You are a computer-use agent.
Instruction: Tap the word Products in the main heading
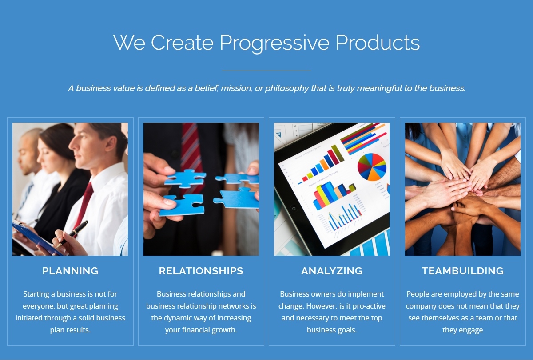(378, 42)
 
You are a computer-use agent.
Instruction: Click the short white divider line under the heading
(266, 71)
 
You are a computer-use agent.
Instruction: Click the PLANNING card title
(70, 271)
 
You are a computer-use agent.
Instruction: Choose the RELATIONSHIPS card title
(201, 271)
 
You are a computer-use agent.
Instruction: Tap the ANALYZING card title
(332, 271)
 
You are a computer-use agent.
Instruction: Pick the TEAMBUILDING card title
(462, 271)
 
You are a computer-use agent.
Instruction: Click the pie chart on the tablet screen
(372, 167)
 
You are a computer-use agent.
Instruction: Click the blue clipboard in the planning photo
(38, 240)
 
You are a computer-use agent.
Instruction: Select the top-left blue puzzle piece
(185, 178)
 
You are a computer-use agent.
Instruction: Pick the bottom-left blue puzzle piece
(182, 205)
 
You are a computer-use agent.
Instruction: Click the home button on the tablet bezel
(294, 209)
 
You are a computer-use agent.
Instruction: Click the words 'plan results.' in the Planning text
(70, 330)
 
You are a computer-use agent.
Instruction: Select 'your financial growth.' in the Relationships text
(201, 330)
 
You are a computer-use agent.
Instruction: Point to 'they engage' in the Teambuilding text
(462, 330)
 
